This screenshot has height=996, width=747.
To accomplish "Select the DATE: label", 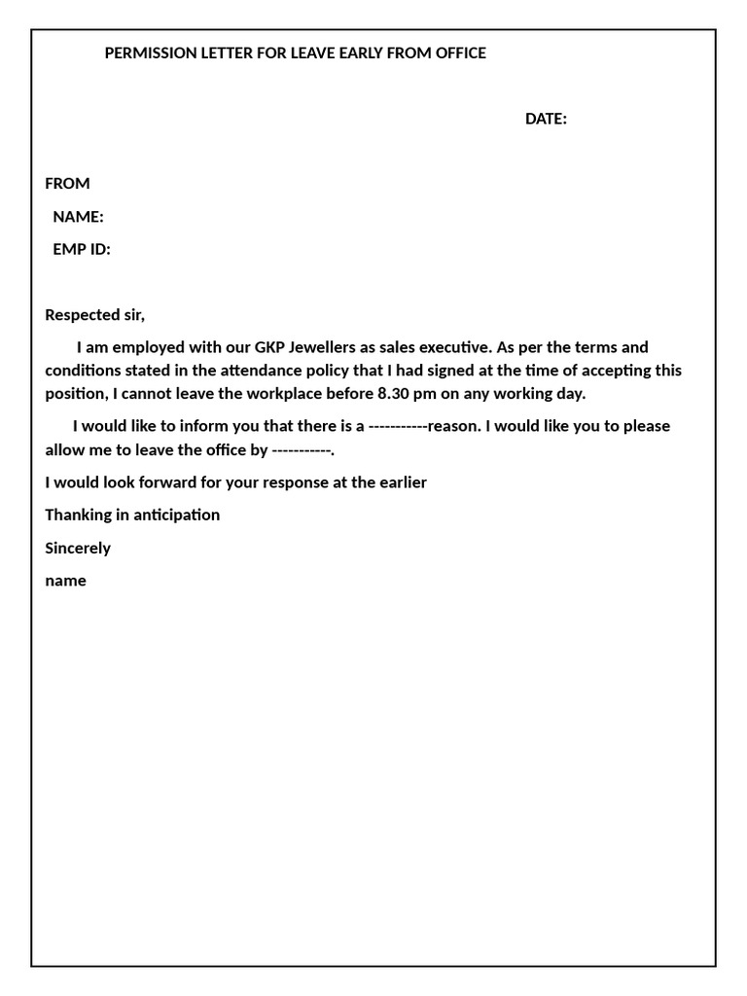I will click(546, 119).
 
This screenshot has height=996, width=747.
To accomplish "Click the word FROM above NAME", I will click(67, 184).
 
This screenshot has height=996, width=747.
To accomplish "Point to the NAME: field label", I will click(78, 217).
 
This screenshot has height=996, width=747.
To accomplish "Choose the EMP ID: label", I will click(82, 250).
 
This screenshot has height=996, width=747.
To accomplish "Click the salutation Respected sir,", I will click(94, 315).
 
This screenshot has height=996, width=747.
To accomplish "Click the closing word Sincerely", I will click(78, 548).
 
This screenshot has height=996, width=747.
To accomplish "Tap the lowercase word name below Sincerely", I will click(65, 581).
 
